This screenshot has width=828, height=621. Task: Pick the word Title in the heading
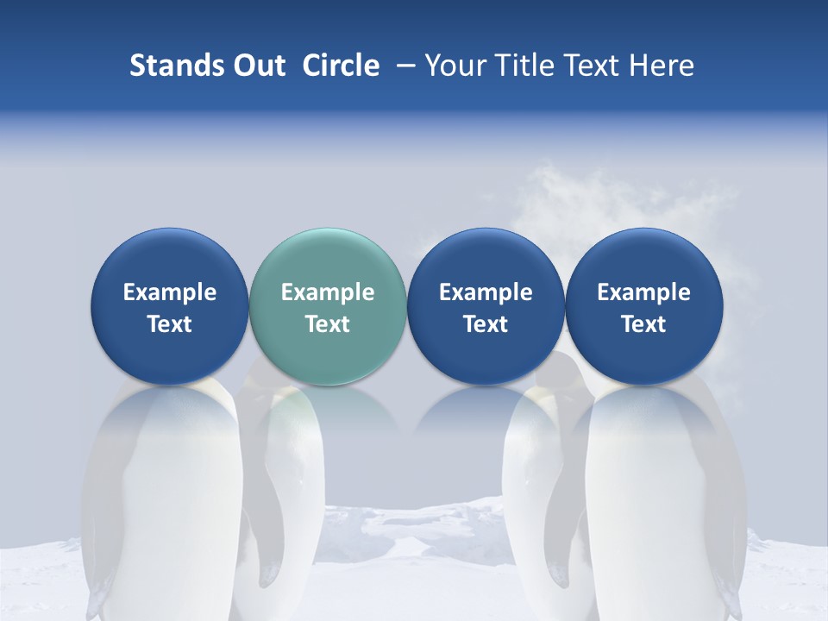pyautogui.click(x=523, y=66)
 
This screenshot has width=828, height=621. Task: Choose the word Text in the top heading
pyautogui.click(x=589, y=66)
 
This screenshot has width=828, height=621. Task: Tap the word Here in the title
pyautogui.click(x=660, y=66)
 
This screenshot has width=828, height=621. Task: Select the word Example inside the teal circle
pyautogui.click(x=327, y=292)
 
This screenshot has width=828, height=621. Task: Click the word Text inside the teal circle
pyautogui.click(x=327, y=324)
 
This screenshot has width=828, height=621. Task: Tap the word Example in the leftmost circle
pyautogui.click(x=169, y=292)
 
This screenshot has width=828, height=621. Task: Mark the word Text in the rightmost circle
pyautogui.click(x=643, y=324)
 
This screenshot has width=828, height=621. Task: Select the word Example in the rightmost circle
pyautogui.click(x=643, y=292)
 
